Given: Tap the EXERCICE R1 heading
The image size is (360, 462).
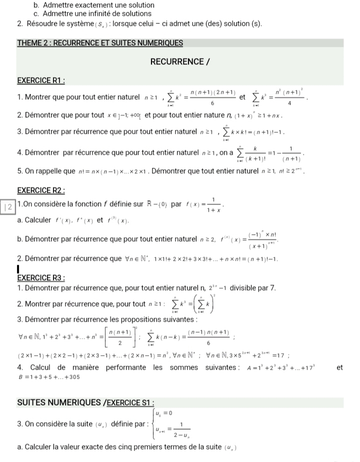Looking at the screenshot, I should point(42,80).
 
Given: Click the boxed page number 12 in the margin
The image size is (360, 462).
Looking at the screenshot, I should point(8,207).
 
